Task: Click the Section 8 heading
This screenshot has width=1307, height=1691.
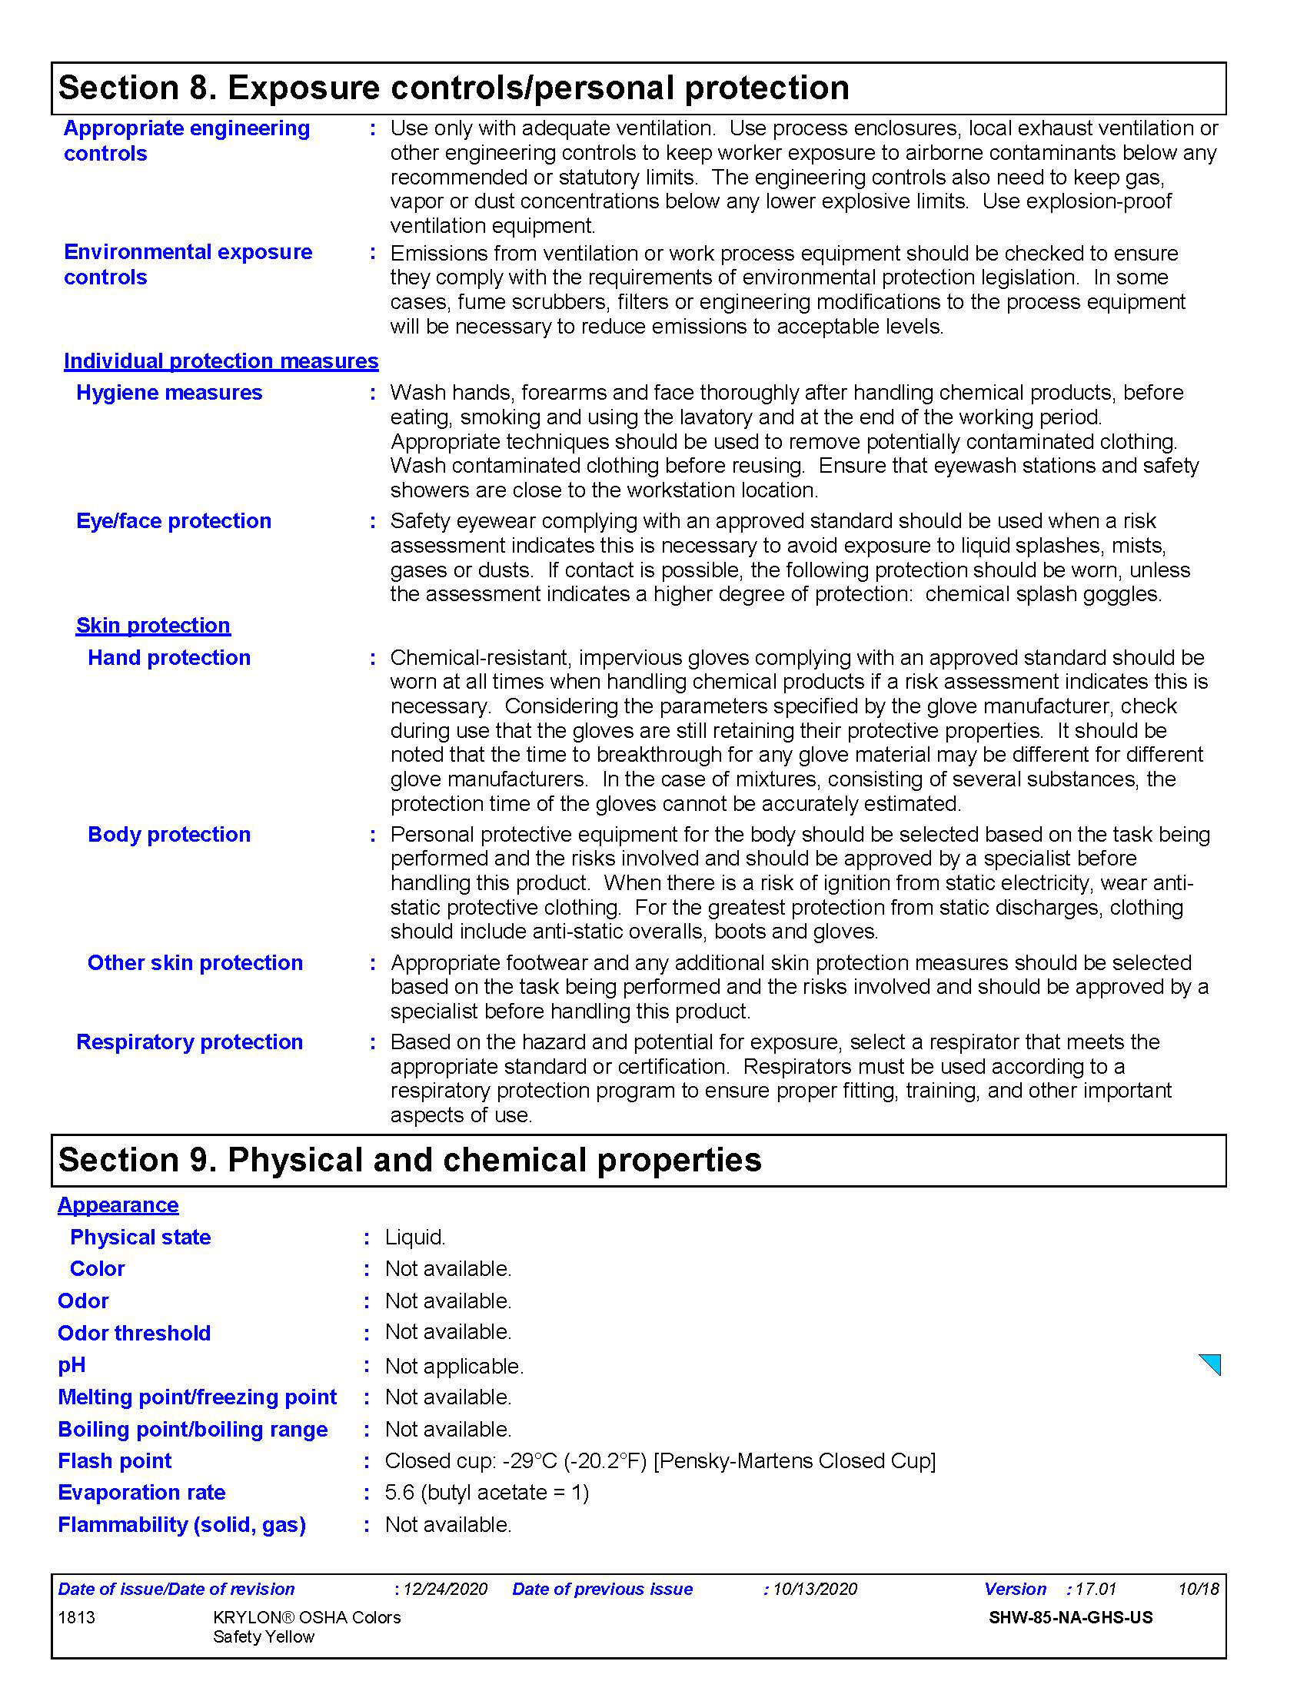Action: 454,88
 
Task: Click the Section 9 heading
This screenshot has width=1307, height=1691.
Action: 410,1160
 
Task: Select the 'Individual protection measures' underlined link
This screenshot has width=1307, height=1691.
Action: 221,360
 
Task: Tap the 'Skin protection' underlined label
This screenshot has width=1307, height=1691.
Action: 153,625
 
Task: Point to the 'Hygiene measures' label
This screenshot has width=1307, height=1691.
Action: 169,393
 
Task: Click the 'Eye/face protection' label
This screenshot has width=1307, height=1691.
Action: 174,521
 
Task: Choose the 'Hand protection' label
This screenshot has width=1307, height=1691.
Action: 169,657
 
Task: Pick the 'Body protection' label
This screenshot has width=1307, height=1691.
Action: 169,834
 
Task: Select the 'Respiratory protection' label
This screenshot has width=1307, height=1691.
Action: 189,1042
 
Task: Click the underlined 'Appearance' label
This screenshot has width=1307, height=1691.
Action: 118,1204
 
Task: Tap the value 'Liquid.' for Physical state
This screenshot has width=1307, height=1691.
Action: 415,1237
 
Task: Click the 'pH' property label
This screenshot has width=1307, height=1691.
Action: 72,1365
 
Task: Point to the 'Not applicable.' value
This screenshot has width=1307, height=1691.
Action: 454,1366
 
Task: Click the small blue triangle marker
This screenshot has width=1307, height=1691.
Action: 1212,1364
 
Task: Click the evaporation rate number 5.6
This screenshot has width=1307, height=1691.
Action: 400,1492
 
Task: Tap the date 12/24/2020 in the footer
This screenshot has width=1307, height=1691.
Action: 445,1589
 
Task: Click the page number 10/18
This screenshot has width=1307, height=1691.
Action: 1198,1589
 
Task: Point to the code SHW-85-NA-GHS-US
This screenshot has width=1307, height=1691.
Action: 1070,1617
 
